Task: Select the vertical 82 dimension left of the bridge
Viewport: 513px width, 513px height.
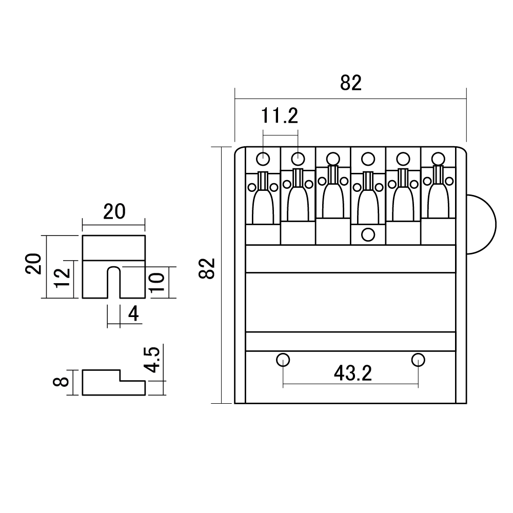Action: [207, 268]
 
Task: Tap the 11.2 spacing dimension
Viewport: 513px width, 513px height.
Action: [280, 115]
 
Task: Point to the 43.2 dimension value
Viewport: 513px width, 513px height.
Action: [353, 373]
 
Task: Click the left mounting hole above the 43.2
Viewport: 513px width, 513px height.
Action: [283, 360]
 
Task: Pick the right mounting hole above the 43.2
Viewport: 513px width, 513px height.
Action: [418, 360]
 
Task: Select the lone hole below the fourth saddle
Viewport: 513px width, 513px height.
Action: [368, 234]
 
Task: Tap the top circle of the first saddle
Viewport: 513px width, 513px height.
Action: [263, 160]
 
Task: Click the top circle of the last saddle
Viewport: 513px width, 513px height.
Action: [438, 160]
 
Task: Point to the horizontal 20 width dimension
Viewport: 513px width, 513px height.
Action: [114, 212]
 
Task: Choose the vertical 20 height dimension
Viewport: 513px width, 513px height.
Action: [34, 264]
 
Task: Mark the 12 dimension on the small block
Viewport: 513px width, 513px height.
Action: [63, 278]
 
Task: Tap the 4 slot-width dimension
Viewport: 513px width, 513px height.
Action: [133, 314]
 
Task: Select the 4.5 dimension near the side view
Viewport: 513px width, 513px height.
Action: [152, 360]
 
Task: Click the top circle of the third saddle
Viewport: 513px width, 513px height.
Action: [333, 160]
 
